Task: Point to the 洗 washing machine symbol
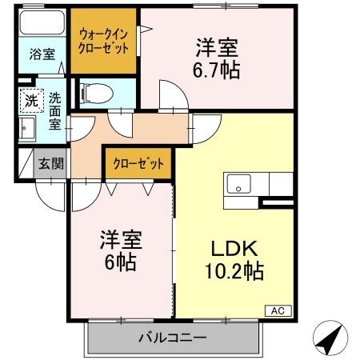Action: tap(30, 101)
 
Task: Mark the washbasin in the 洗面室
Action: tap(26, 129)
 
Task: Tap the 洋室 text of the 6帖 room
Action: tap(122, 238)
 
